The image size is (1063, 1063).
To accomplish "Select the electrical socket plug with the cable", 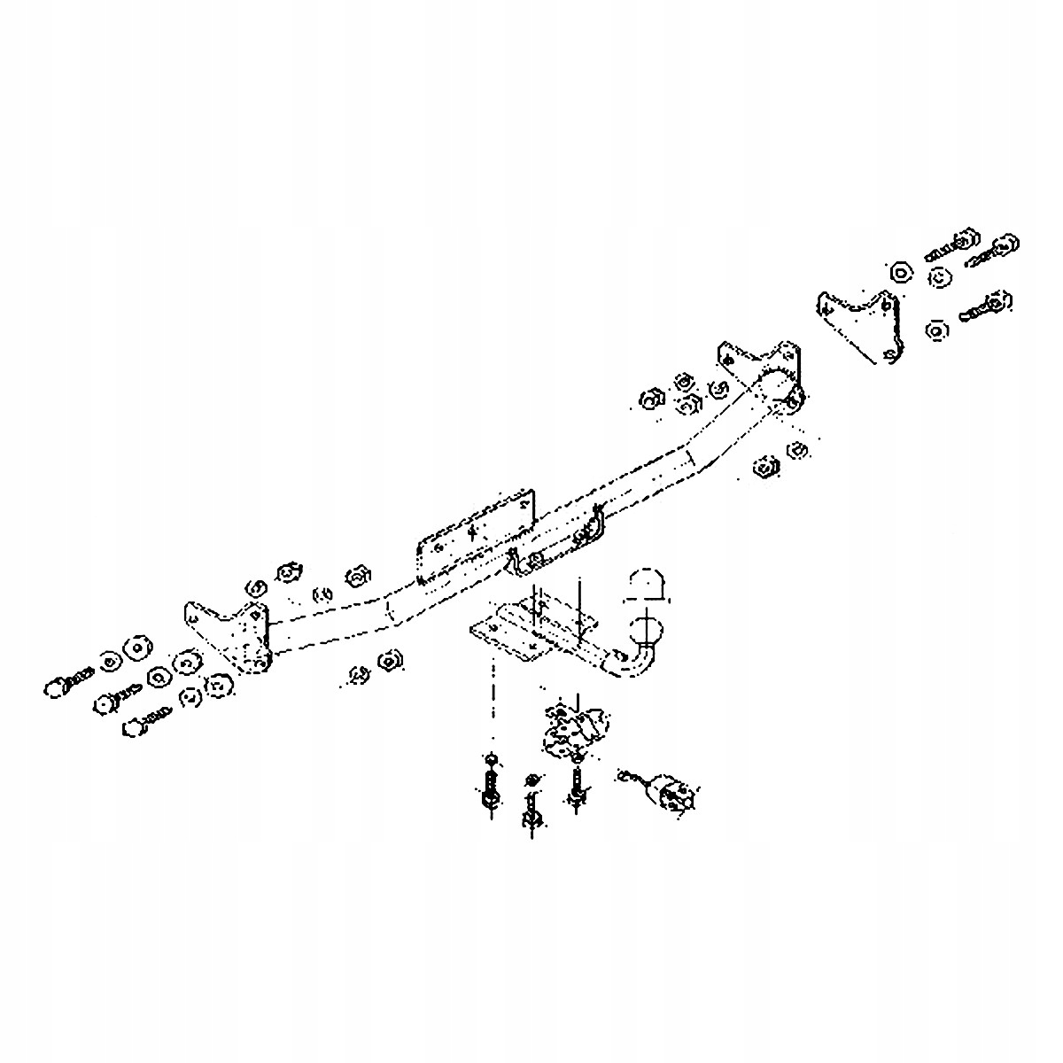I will (x=675, y=790).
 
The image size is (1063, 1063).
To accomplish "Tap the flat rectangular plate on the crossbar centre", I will (x=475, y=539).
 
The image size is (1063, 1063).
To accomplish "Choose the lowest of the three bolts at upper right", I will (x=985, y=306).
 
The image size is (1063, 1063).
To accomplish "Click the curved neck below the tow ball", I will (x=635, y=663).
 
